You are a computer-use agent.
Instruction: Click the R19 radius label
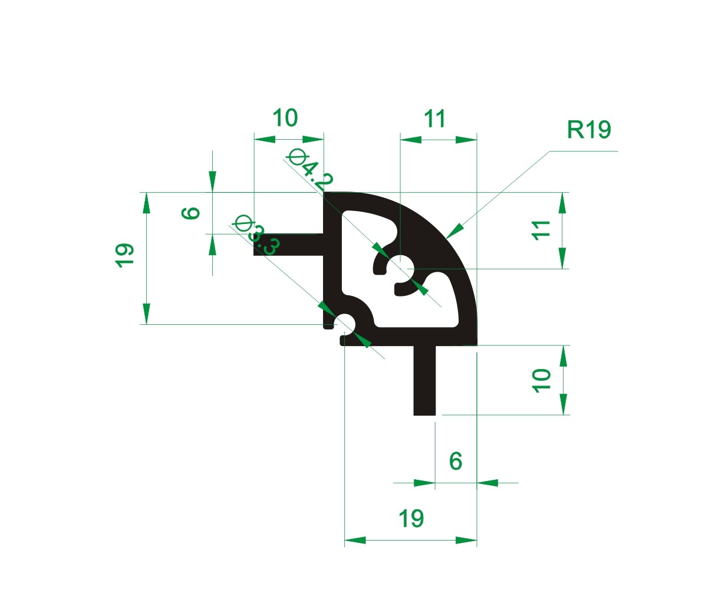(x=589, y=130)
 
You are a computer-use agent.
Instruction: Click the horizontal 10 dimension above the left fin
(x=285, y=118)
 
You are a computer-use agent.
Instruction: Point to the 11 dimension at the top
(x=435, y=119)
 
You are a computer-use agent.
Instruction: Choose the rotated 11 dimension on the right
(x=541, y=230)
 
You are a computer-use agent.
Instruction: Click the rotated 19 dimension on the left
(x=125, y=256)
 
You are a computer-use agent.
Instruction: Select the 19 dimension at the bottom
(x=411, y=519)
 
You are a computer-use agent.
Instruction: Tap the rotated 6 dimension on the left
(x=191, y=213)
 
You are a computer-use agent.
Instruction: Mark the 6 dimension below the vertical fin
(x=455, y=461)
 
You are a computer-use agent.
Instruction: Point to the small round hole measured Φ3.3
(x=345, y=324)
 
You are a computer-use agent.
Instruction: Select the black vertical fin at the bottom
(x=425, y=380)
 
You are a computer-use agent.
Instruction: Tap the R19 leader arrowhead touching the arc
(x=455, y=230)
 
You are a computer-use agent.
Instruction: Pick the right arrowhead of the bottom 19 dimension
(x=466, y=540)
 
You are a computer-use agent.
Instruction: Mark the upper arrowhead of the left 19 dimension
(x=146, y=203)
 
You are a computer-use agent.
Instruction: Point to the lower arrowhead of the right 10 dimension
(x=563, y=404)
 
